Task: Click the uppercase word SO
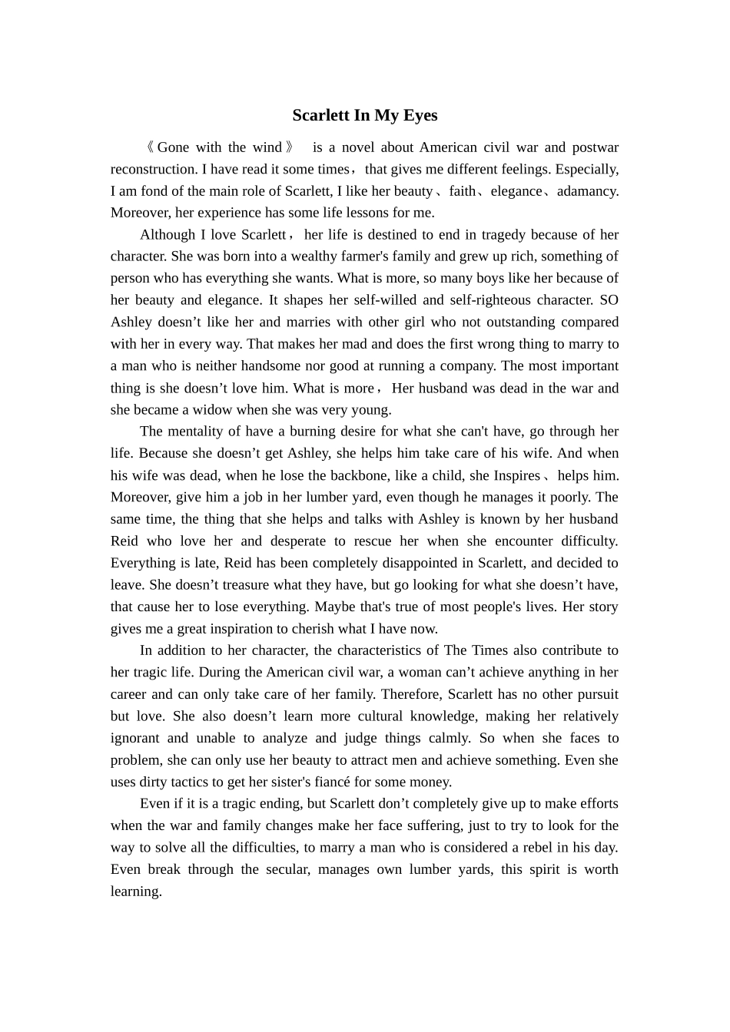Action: [x=609, y=300]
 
